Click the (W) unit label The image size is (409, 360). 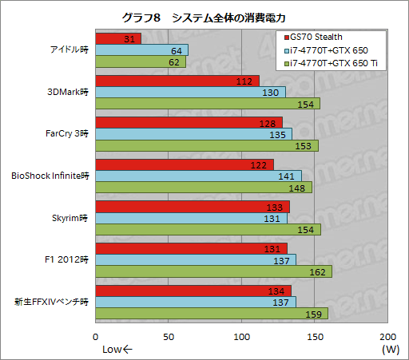(390, 349)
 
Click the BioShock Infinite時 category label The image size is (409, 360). (50, 175)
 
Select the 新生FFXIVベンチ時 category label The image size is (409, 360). (51, 302)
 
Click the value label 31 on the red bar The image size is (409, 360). (130, 38)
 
